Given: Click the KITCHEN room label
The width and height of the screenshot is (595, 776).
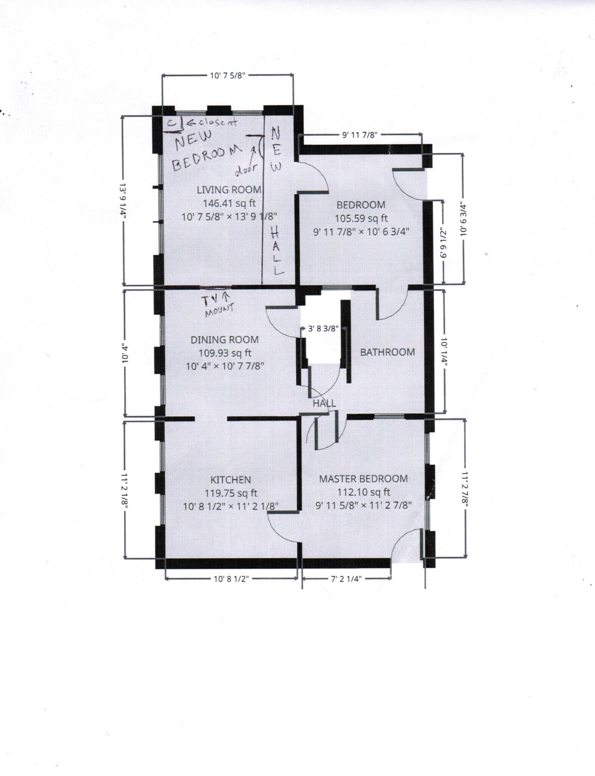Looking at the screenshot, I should [231, 480].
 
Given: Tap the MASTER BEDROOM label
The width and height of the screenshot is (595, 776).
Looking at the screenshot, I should [363, 479].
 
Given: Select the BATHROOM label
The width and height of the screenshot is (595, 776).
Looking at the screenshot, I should [387, 352].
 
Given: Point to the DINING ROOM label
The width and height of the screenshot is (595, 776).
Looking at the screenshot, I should [224, 339].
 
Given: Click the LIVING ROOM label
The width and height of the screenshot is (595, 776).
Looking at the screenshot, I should [229, 189].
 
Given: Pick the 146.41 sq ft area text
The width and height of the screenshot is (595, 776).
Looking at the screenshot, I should [229, 203].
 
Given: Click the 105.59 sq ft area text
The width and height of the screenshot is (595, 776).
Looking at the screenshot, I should [361, 218].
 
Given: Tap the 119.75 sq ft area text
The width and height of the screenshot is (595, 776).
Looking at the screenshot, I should [231, 493].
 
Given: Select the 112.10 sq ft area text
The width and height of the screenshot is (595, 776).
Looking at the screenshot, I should [363, 492].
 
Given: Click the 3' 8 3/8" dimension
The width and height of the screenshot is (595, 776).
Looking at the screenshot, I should [323, 329].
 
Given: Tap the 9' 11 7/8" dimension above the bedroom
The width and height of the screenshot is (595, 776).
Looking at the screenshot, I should [360, 135].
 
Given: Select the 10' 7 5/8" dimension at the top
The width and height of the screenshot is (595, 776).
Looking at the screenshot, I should [228, 75].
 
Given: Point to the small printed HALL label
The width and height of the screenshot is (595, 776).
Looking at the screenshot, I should [324, 404].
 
